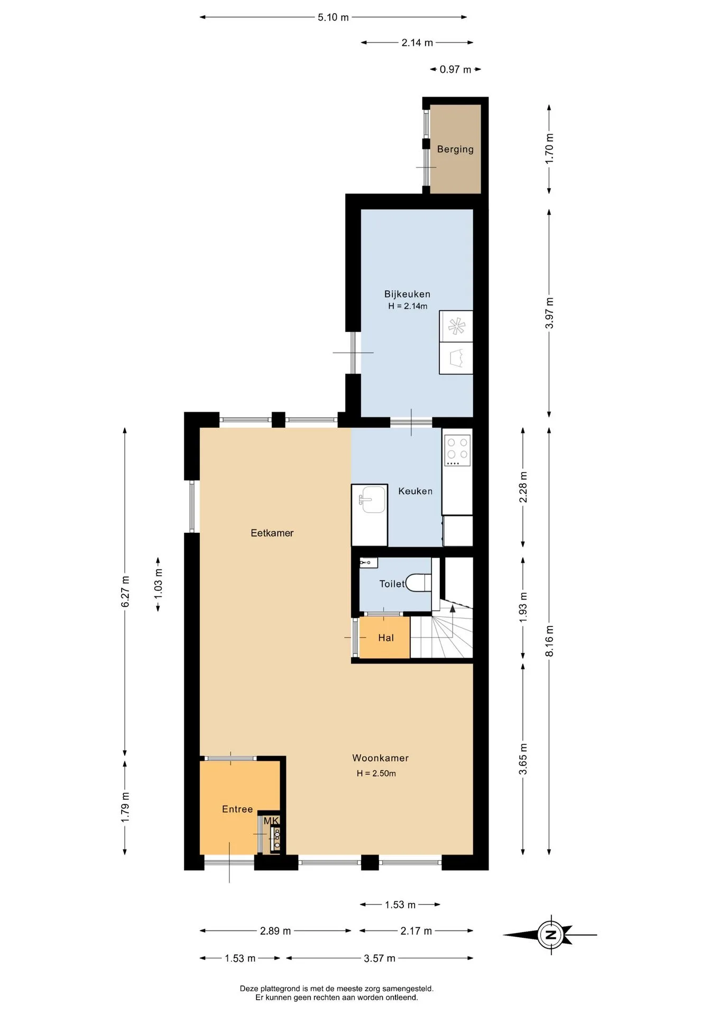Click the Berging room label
(455, 149)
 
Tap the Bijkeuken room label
(407, 294)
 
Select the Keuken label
(415, 491)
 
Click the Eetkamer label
(272, 533)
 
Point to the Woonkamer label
(380, 758)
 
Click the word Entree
(237, 809)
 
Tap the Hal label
(386, 638)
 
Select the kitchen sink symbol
(373, 500)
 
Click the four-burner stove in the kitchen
(457, 450)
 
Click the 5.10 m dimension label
(333, 17)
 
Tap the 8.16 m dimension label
(549, 641)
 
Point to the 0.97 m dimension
(455, 69)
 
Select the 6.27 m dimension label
(125, 592)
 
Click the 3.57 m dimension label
(380, 958)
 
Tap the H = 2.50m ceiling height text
(376, 773)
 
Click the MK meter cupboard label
(271, 820)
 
